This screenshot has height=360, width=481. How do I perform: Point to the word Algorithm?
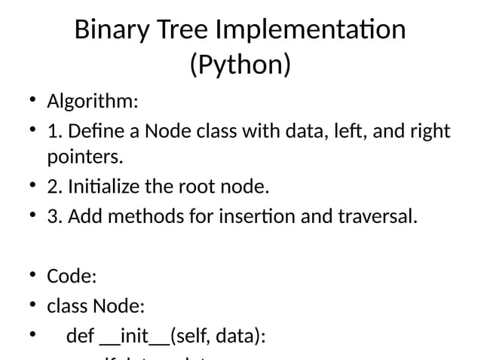pos(93,101)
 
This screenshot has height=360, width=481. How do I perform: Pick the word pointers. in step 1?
pos(84,158)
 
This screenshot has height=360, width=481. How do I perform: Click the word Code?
pos(72,276)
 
